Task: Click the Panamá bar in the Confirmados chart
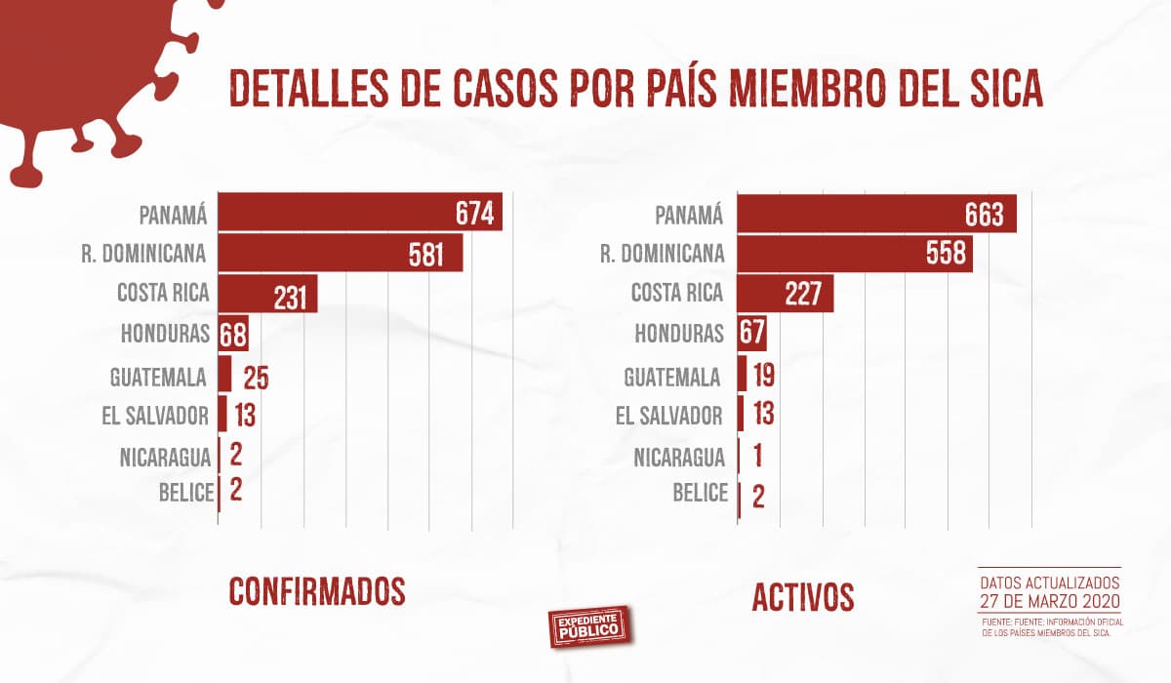coord(359,212)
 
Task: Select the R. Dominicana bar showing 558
coord(854,254)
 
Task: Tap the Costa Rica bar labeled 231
coord(267,294)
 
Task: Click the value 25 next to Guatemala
coord(256,377)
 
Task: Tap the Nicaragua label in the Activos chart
coord(678,457)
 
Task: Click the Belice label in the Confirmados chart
coord(185,492)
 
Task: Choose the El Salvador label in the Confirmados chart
coord(154,416)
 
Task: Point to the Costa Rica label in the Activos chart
coord(676,293)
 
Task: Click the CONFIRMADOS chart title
coord(316,591)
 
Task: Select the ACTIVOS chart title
coord(802,597)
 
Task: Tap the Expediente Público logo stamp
coord(590,625)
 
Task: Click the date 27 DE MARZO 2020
coord(1049,599)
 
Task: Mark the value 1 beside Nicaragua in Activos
coord(756,457)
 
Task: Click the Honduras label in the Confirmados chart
coord(165,334)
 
